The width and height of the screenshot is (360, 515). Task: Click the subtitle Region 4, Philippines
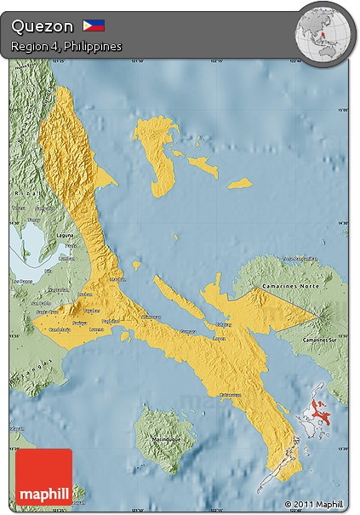(66, 46)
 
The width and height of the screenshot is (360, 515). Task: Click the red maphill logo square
(43, 478)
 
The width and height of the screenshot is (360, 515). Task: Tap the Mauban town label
(117, 278)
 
